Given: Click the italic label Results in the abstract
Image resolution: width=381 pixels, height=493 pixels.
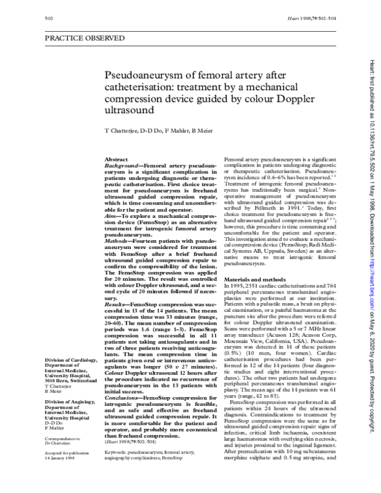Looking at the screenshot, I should pos(117,305).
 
